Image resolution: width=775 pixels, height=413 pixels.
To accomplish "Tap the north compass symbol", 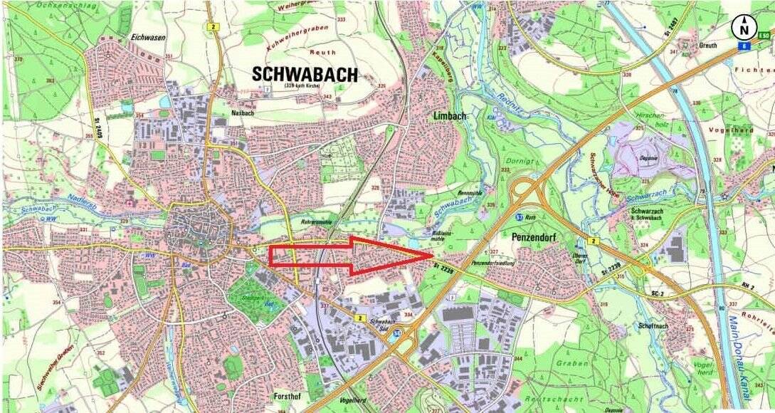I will click(744, 28).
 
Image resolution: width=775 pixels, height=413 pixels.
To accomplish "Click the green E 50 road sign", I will click(764, 36).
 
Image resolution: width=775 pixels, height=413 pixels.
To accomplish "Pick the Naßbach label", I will click(242, 113).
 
